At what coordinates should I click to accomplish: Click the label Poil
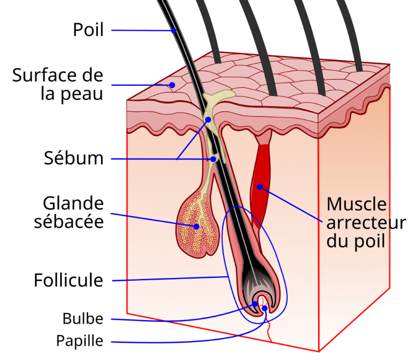point(88,30)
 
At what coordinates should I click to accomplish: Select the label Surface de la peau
point(57,84)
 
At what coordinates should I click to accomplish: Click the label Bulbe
point(82,318)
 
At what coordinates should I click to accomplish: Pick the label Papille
point(79,341)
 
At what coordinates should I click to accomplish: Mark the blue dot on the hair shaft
point(174,31)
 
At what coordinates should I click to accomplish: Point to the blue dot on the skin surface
point(172,85)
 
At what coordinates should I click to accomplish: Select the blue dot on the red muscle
point(260,187)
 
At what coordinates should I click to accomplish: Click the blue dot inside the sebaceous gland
point(197,226)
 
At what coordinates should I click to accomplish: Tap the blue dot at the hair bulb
point(255,304)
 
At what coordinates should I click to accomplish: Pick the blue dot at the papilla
point(265,309)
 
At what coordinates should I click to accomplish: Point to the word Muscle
point(357,205)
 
